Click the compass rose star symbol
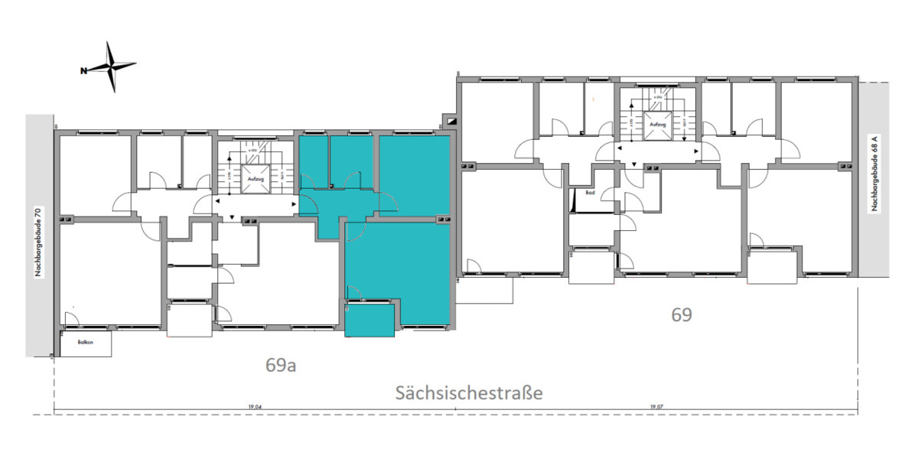[x=113, y=67]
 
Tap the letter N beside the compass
[x=83, y=71]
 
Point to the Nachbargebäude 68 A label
[x=873, y=174]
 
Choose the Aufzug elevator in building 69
[x=656, y=124]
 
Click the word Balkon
[x=85, y=343]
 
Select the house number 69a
[x=281, y=365]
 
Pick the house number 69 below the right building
[x=681, y=314]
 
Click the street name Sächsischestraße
[x=469, y=392]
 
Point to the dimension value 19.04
[x=255, y=407]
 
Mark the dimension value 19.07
[x=656, y=407]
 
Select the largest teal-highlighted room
[x=398, y=268]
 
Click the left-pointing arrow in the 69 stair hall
[x=620, y=150]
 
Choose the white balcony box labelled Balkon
[x=86, y=343]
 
